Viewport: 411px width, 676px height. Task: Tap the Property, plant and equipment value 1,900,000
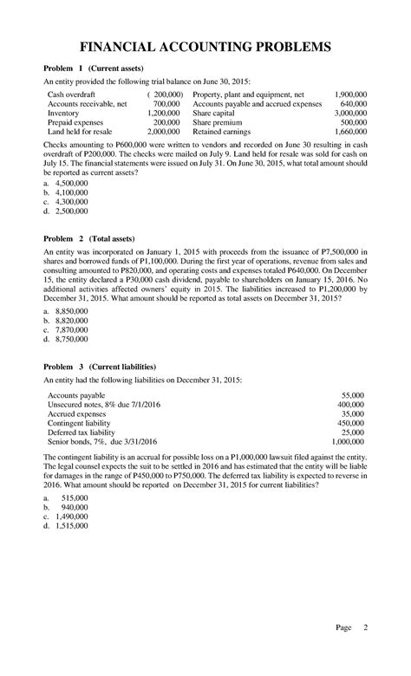click(350, 92)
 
